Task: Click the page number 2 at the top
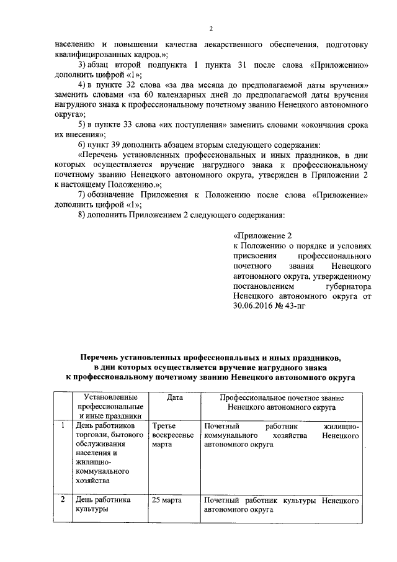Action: tap(211, 29)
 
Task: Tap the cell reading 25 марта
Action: tap(167, 500)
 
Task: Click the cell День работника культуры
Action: tap(102, 504)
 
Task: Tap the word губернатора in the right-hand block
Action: tap(347, 288)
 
